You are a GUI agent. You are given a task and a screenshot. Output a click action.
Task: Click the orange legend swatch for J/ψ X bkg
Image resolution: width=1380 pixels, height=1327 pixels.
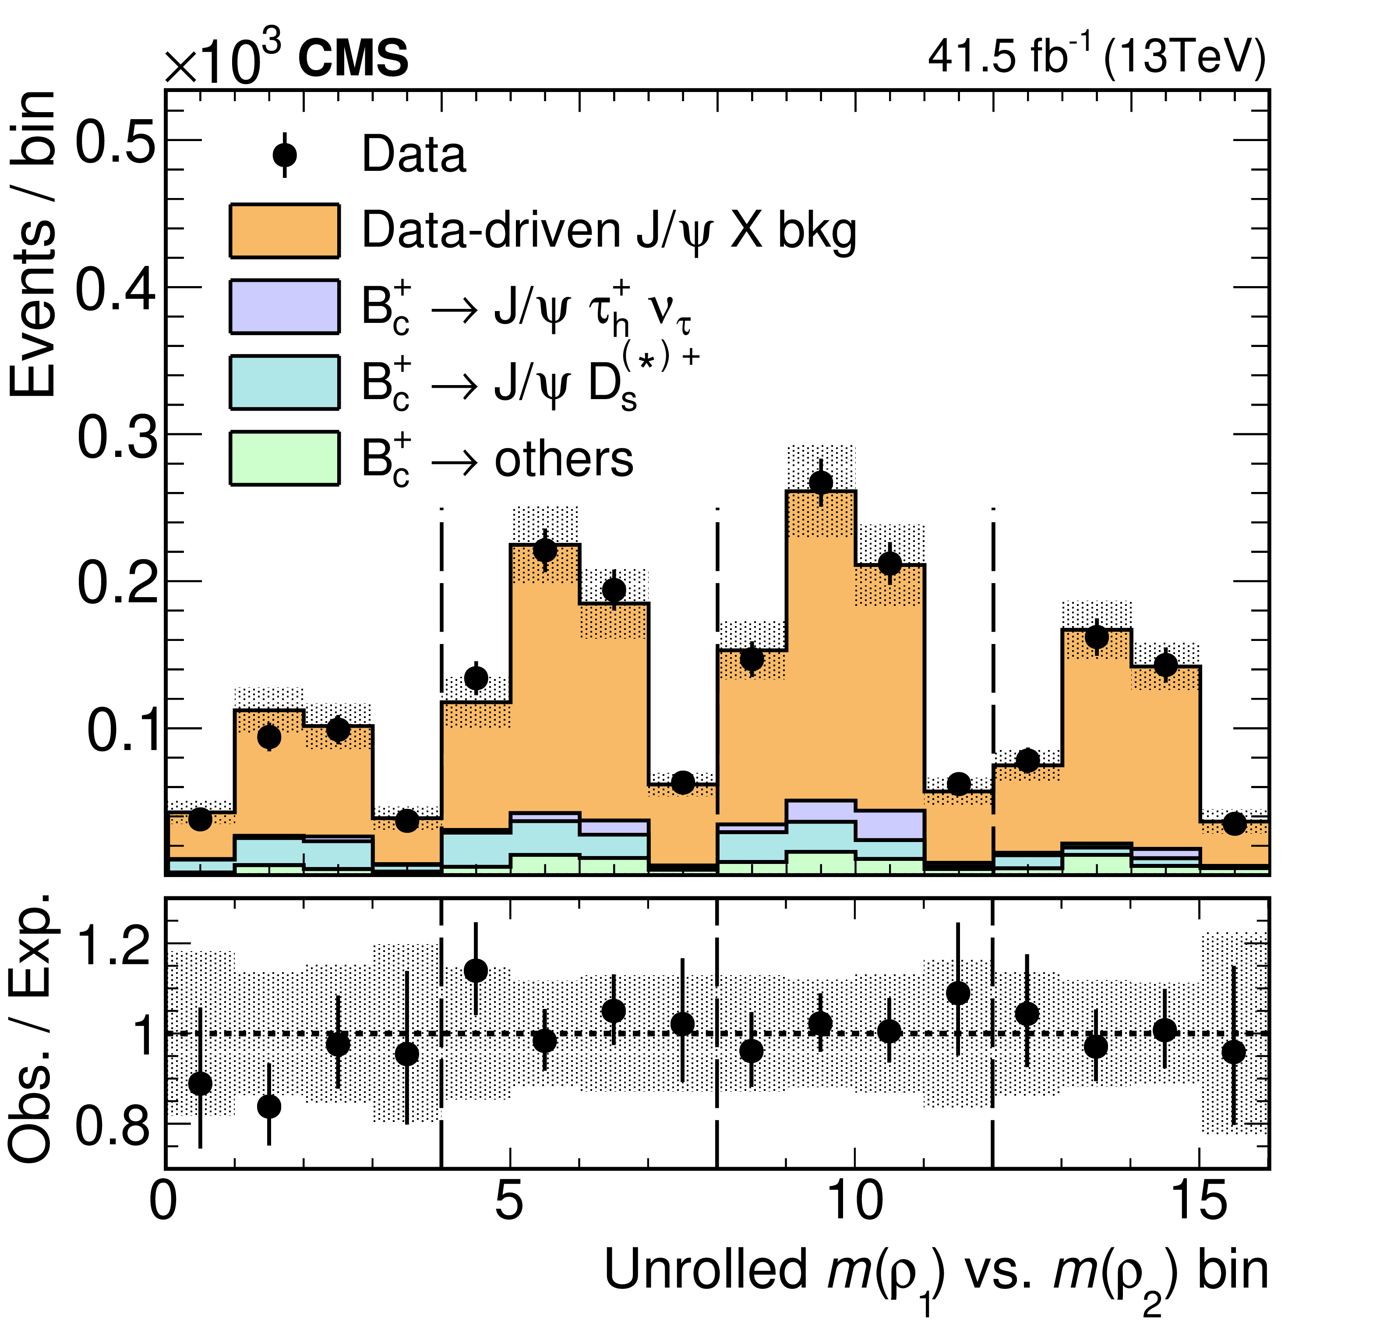click(x=284, y=230)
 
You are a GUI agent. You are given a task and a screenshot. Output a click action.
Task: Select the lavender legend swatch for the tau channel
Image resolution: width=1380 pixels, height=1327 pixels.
click(x=284, y=306)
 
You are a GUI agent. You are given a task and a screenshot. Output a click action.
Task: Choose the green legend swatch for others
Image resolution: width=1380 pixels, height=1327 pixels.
click(x=284, y=459)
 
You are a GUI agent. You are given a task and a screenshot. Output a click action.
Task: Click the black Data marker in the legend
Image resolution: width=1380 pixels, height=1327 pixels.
click(x=284, y=154)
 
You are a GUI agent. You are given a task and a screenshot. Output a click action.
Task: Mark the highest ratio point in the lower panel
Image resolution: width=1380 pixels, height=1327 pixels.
click(x=476, y=970)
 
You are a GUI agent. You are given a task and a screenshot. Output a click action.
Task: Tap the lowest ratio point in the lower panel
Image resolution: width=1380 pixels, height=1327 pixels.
click(x=269, y=1107)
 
